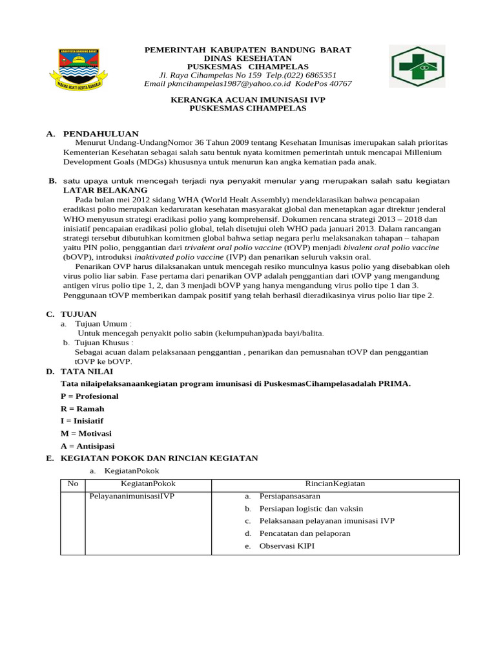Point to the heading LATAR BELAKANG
105,191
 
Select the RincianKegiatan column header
335,484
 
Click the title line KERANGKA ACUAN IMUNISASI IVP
248,100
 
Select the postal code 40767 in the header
340,84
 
